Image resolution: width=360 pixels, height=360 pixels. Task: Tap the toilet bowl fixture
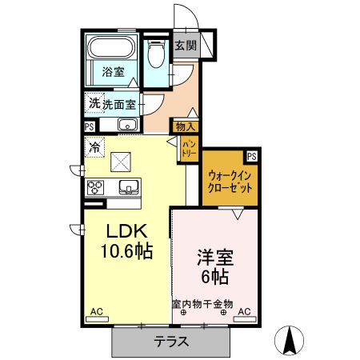(x=156, y=54)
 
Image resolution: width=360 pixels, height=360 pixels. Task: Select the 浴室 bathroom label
(x=113, y=72)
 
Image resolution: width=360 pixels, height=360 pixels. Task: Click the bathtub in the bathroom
(x=113, y=59)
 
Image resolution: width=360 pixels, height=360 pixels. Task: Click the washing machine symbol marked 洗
(x=94, y=103)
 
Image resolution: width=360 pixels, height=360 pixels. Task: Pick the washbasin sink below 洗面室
(x=128, y=124)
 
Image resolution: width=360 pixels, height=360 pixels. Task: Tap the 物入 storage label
(x=185, y=126)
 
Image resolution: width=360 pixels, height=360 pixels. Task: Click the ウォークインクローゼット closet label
(x=230, y=180)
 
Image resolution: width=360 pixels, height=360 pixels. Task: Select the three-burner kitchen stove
(x=95, y=188)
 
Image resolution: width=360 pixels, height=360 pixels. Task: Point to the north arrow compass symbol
(x=290, y=340)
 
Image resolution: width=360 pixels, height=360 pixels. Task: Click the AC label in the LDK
(x=96, y=311)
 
